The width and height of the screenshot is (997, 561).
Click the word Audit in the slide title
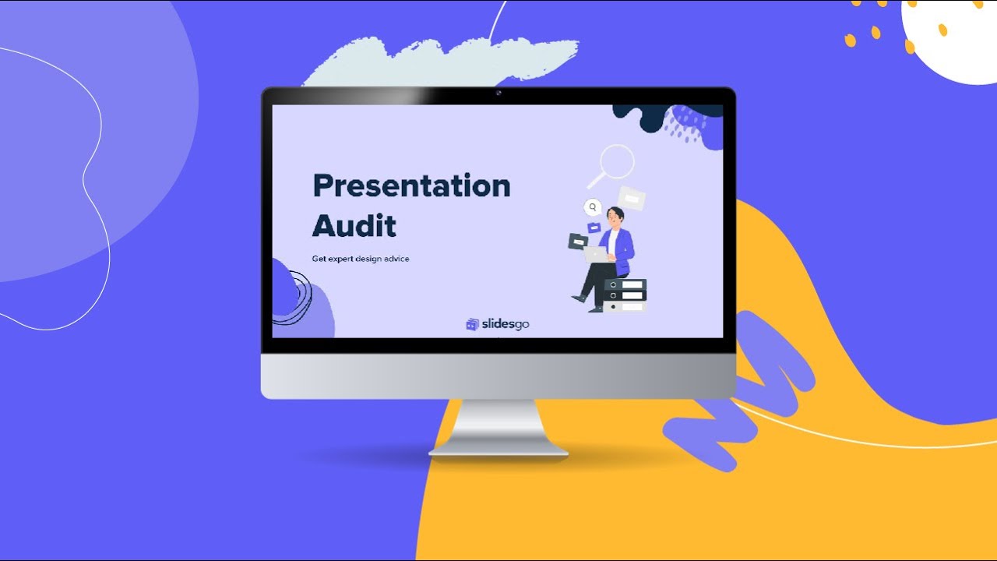[354, 226]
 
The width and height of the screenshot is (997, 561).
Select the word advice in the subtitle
[395, 259]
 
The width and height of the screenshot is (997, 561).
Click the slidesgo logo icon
[472, 324]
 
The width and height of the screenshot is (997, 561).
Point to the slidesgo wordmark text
[505, 324]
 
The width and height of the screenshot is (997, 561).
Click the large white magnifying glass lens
[617, 161]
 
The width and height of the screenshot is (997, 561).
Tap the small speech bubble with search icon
[594, 207]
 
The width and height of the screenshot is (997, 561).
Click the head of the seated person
[615, 216]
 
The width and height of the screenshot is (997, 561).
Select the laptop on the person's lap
[596, 254]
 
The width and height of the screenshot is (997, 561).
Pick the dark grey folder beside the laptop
[577, 242]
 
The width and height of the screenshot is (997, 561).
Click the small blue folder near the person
[594, 228]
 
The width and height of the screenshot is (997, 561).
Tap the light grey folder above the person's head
[632, 199]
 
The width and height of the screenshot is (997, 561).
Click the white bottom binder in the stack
[625, 306]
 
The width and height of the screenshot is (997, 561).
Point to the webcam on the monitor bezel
[498, 93]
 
